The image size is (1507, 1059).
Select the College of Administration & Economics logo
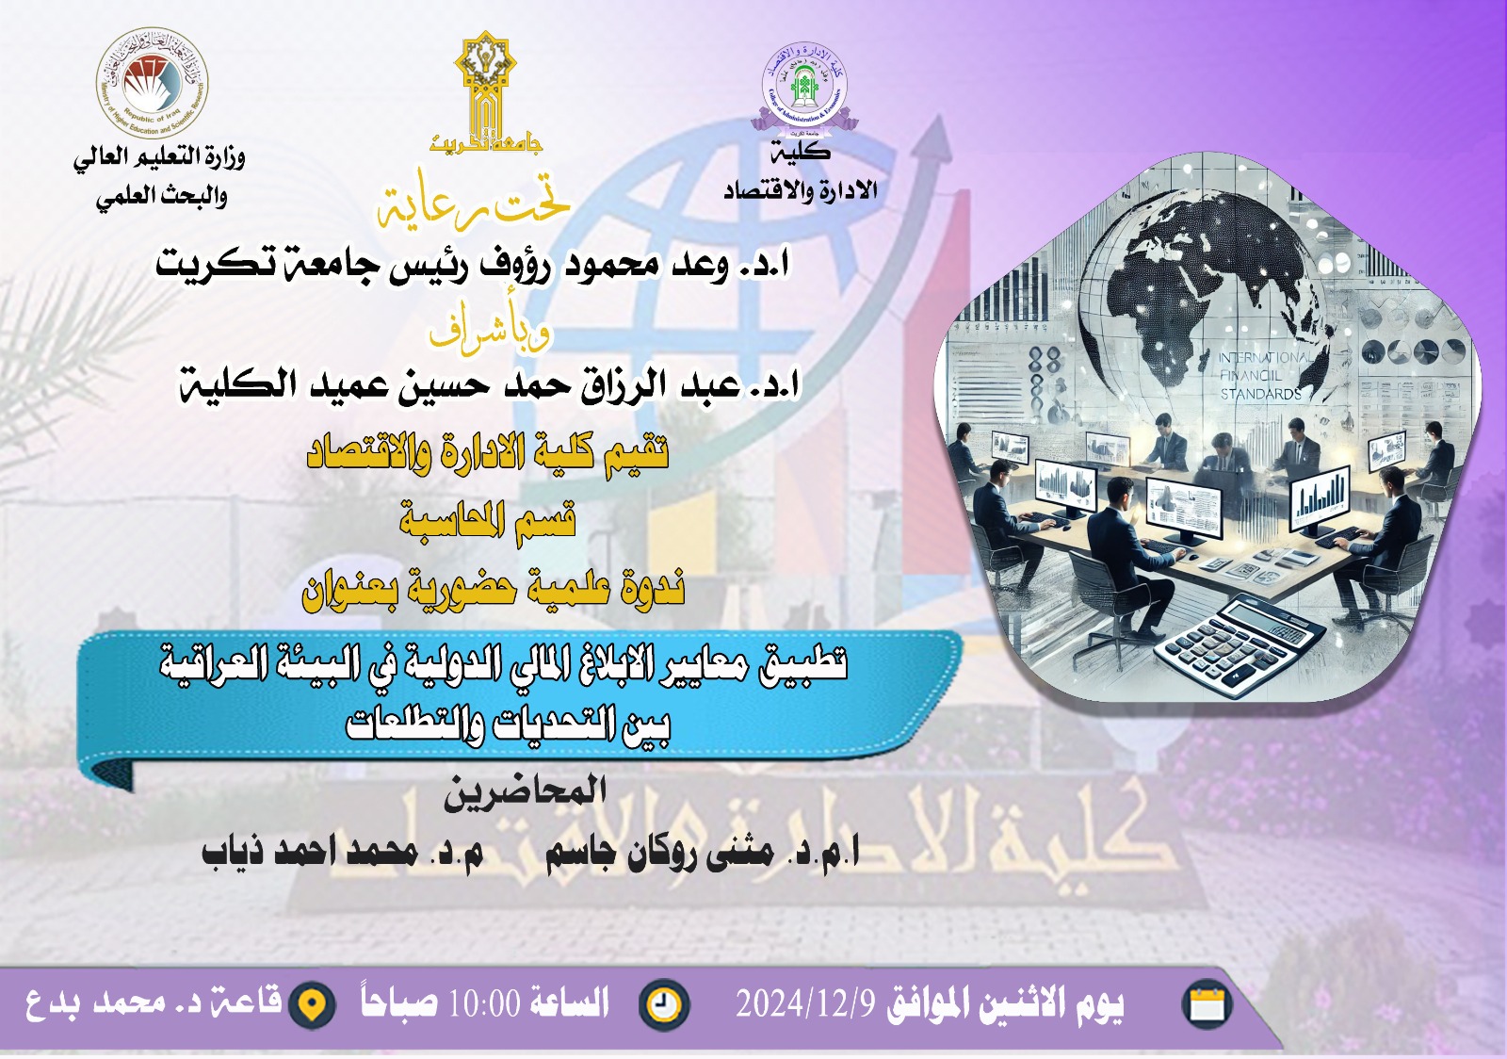pos(804,87)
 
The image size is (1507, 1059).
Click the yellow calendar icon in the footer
pos(1207,1004)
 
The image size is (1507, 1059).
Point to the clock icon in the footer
pos(664,1004)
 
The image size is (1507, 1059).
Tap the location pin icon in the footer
pos(312,1005)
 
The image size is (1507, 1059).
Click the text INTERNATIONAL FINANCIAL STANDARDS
pos(1262,376)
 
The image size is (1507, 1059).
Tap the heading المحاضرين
pos(526,791)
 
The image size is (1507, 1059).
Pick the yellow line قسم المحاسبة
pos(488,521)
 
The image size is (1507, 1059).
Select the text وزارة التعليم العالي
pos(160,156)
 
